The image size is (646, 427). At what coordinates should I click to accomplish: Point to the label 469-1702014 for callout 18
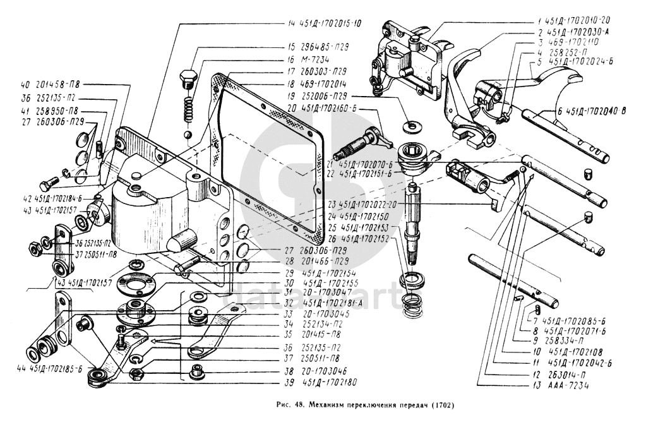325,83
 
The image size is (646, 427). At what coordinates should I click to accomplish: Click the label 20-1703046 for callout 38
324,371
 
